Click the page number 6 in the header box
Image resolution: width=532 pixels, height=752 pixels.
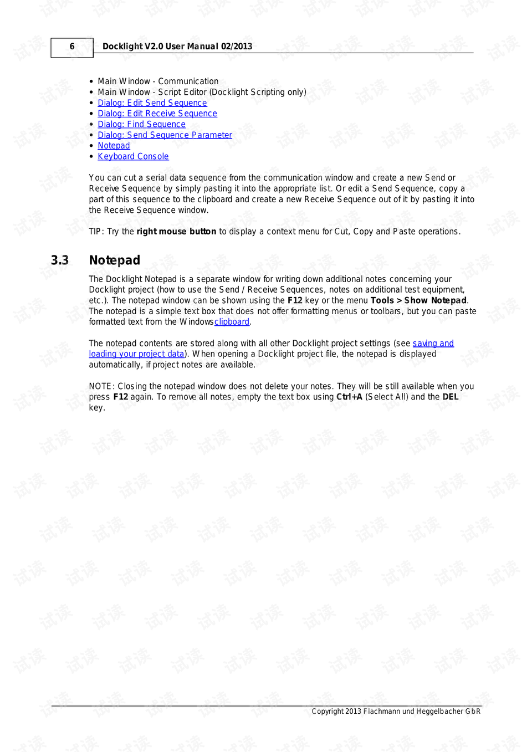pyautogui.click(x=72, y=47)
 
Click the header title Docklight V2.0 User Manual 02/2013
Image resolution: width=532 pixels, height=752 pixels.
pyautogui.click(x=177, y=47)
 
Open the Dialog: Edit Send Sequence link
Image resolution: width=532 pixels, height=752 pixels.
pyautogui.click(x=152, y=103)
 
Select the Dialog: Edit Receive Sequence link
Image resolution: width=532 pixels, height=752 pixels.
pyautogui.click(x=157, y=114)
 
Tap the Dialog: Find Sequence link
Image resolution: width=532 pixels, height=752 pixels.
pyautogui.click(x=141, y=124)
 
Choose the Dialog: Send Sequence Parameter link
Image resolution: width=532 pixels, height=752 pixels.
pyautogui.click(x=165, y=135)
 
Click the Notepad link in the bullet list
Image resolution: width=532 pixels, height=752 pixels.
pyautogui.click(x=114, y=146)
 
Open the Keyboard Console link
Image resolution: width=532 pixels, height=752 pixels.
pyautogui.click(x=133, y=157)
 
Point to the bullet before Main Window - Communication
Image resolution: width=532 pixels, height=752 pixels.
pyautogui.click(x=91, y=81)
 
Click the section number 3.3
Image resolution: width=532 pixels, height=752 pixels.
pyautogui.click(x=60, y=260)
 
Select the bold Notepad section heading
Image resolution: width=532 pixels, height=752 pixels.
pyautogui.click(x=115, y=260)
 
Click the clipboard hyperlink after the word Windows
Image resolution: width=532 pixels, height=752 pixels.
pyautogui.click(x=232, y=322)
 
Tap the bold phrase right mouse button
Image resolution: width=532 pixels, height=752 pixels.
pyautogui.click(x=176, y=232)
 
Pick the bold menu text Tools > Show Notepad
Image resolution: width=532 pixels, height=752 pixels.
pyautogui.click(x=418, y=300)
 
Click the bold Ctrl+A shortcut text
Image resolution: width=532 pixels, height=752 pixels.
pyautogui.click(x=349, y=397)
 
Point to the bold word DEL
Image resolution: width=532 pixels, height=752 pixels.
pyautogui.click(x=450, y=397)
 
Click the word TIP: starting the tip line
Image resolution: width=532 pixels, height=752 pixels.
pyautogui.click(x=96, y=232)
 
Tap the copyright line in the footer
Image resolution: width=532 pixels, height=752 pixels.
pyautogui.click(x=396, y=712)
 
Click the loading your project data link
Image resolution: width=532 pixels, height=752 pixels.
pyautogui.click(x=136, y=354)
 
